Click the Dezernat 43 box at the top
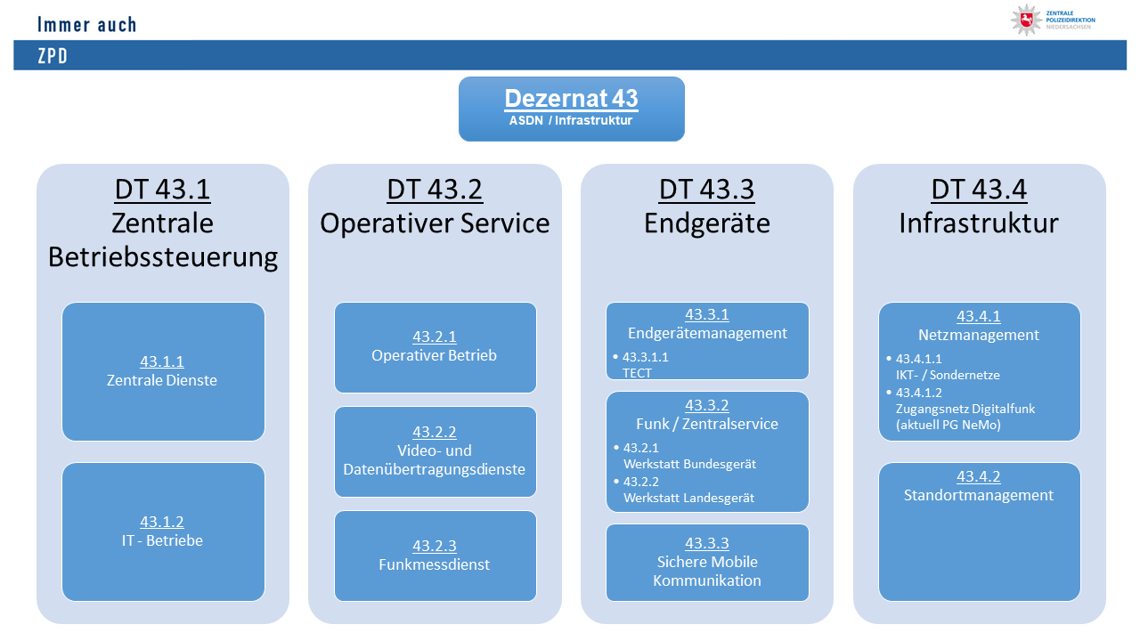point(571,109)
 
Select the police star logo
point(1026,20)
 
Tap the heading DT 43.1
point(162,190)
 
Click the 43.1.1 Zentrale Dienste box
point(162,371)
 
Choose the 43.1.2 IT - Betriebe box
point(162,531)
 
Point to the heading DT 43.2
point(435,190)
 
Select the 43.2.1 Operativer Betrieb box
point(435,346)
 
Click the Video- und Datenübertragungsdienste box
point(435,451)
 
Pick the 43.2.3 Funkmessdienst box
point(435,556)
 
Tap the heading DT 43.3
point(707,190)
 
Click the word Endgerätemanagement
point(707,333)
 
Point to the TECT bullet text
point(638,373)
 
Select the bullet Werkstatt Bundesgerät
point(689,464)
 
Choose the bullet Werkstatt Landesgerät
point(688,498)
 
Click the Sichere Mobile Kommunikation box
point(707,563)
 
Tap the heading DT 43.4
point(979,190)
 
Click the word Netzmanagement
point(979,335)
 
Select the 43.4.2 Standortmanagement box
point(979,531)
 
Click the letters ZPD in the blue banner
point(53,56)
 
